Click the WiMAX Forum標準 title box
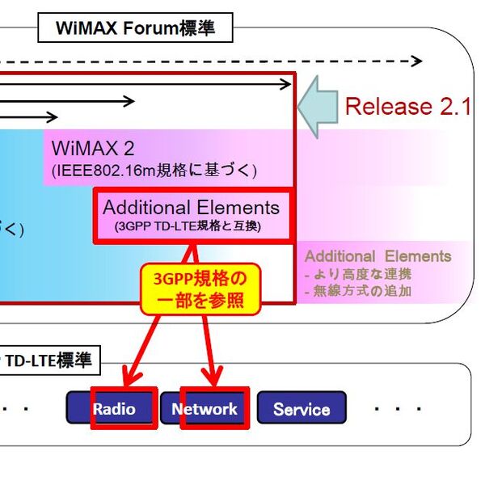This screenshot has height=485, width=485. pyautogui.click(x=135, y=28)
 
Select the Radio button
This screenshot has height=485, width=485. pyautogui.click(x=112, y=409)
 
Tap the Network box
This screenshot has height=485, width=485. pyautogui.click(x=205, y=409)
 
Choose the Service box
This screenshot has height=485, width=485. pyautogui.click(x=301, y=409)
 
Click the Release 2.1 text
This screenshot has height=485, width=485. pyautogui.click(x=407, y=107)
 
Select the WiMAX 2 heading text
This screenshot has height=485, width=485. pyautogui.click(x=92, y=149)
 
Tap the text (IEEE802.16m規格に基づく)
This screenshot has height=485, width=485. pyautogui.click(x=154, y=171)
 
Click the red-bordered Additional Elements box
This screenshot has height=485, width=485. pyautogui.click(x=191, y=215)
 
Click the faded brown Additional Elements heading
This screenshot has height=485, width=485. pyautogui.click(x=377, y=256)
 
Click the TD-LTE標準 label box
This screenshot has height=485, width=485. pyautogui.click(x=50, y=361)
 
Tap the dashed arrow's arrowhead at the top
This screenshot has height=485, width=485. pyautogui.click(x=415, y=61)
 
